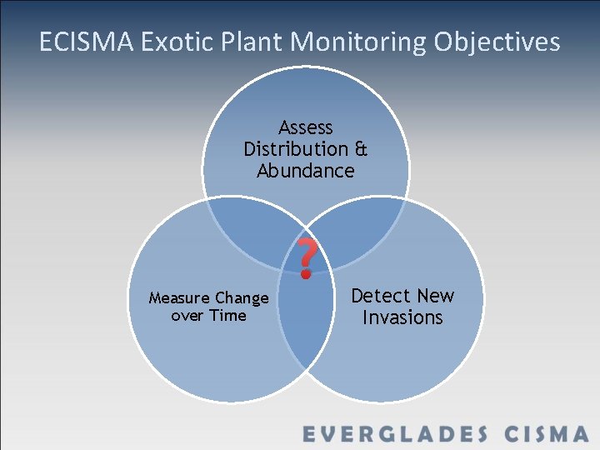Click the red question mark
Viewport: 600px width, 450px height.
click(x=307, y=257)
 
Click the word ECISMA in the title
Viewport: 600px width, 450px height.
click(x=84, y=42)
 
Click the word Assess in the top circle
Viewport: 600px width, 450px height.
click(x=306, y=127)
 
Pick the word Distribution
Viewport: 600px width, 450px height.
click(x=296, y=149)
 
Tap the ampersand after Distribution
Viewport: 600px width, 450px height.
click(x=361, y=149)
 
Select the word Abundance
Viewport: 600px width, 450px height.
click(x=306, y=171)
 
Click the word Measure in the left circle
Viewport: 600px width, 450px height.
click(x=179, y=298)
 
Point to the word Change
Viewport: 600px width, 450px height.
click(x=242, y=298)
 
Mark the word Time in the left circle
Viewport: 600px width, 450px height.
click(x=228, y=316)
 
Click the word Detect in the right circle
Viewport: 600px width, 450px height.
click(x=381, y=296)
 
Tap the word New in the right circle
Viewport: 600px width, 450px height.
click(x=436, y=296)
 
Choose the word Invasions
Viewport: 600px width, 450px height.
click(x=402, y=317)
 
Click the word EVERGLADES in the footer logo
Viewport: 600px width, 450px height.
click(x=394, y=434)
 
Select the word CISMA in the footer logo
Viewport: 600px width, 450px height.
click(x=547, y=434)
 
